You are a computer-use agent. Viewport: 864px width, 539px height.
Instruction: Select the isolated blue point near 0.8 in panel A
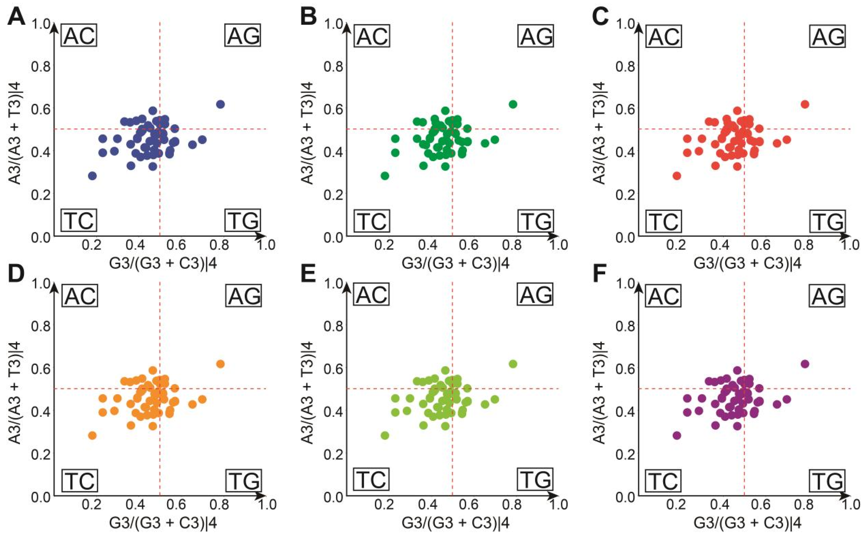point(220,104)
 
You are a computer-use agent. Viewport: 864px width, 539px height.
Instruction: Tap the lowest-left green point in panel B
point(385,176)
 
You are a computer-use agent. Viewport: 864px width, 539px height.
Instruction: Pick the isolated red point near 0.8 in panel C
point(805,104)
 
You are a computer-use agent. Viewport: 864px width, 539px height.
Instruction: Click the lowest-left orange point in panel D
point(92,436)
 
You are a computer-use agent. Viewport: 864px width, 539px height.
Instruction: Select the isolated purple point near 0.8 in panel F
point(805,364)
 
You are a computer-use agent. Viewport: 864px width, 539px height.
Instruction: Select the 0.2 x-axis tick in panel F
point(676,504)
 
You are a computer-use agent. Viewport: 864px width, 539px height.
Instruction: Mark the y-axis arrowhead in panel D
point(54,285)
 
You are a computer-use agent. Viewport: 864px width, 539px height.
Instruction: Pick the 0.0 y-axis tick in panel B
point(333,237)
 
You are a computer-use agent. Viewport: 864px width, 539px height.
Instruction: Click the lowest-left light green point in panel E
point(385,436)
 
